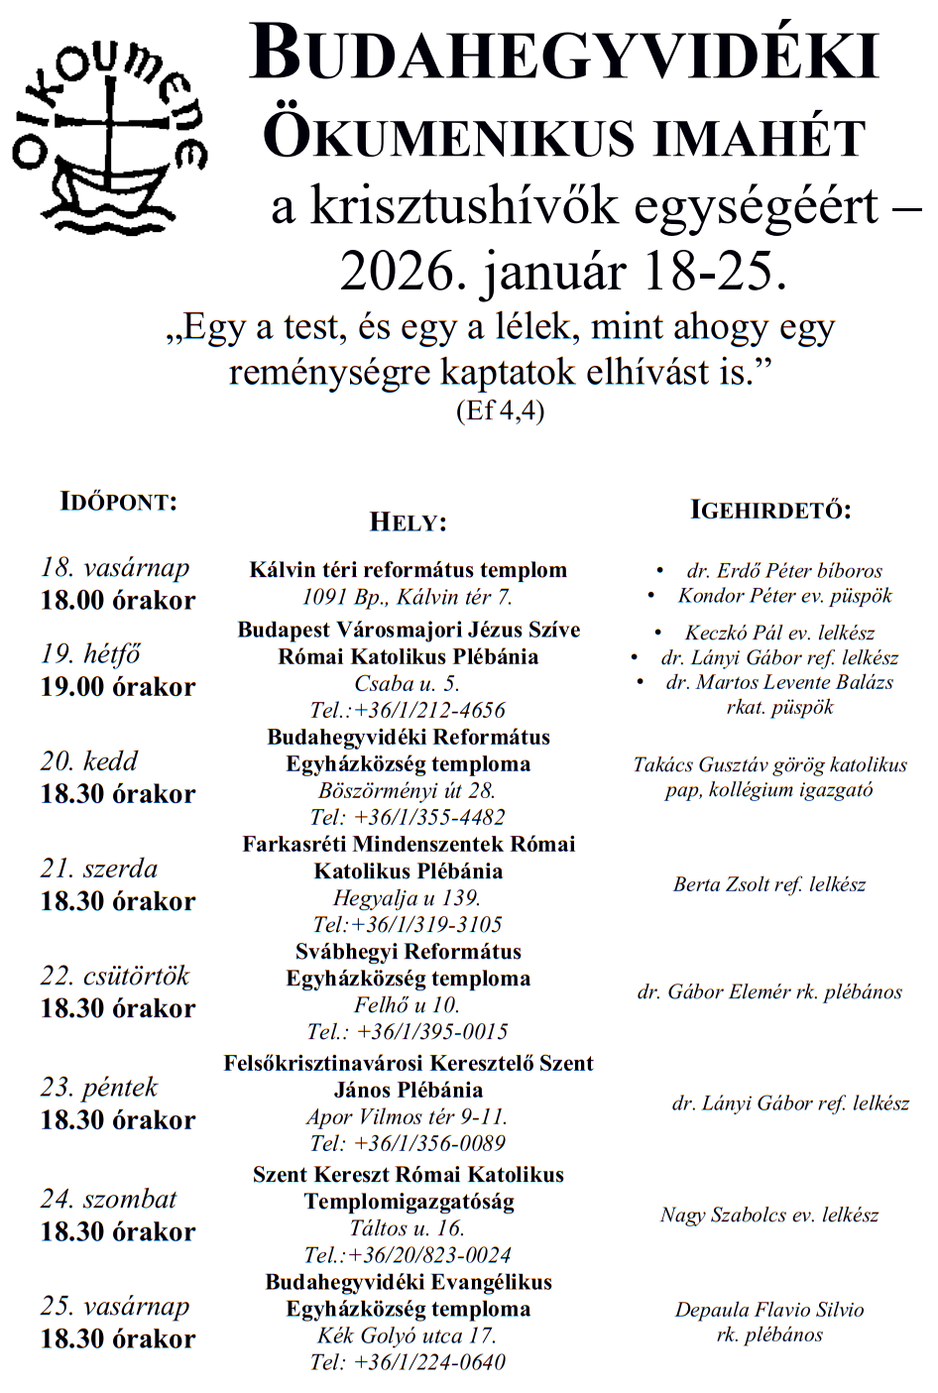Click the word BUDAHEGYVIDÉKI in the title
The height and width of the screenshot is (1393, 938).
pos(564,55)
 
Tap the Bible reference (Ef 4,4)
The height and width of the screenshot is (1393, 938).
pos(500,410)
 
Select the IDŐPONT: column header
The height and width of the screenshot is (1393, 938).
pos(119,502)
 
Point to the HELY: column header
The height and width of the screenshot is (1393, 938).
pos(408,522)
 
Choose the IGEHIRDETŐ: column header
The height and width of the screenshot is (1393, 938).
pos(770,511)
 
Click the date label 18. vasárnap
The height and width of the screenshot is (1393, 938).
pos(115,568)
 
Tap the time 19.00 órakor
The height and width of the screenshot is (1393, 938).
pos(118,687)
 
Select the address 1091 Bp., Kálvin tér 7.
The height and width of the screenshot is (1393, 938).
pos(408,597)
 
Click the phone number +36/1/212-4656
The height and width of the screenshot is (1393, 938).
pos(428,711)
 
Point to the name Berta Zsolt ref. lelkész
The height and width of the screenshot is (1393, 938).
pos(769,884)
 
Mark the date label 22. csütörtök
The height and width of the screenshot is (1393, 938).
pos(115,977)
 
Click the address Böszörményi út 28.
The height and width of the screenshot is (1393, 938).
pos(408,791)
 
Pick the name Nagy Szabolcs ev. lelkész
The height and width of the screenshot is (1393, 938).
pos(769,1216)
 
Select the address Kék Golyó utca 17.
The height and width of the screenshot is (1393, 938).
pos(408,1335)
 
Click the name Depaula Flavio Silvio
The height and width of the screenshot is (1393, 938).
pos(769,1310)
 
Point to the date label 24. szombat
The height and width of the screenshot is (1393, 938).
pos(109,1200)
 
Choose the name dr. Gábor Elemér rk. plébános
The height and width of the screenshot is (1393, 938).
pos(769,992)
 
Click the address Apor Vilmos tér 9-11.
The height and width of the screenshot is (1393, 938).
pos(408,1116)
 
